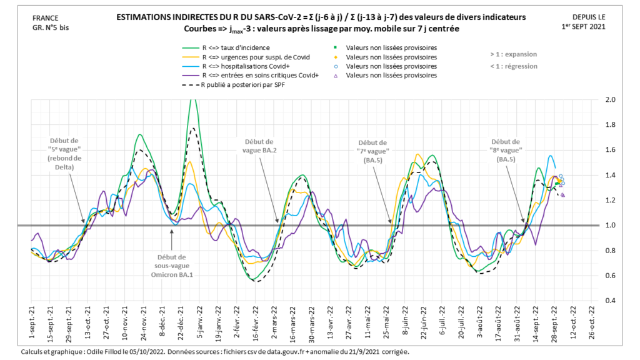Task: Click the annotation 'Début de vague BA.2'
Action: pyautogui.click(x=260, y=146)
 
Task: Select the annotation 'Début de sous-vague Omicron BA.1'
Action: pyautogui.click(x=172, y=266)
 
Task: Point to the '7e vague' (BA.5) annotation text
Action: pyautogui.click(x=374, y=152)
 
